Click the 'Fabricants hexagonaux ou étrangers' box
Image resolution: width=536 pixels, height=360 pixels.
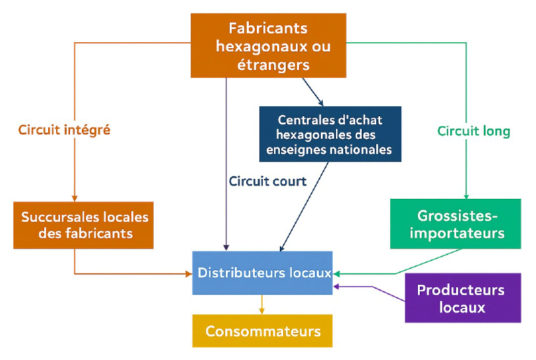pyautogui.click(x=269, y=46)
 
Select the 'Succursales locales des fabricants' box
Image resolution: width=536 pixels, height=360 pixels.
pyautogui.click(x=84, y=225)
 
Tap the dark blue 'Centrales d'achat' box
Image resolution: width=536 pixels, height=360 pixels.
pyautogui.click(x=330, y=134)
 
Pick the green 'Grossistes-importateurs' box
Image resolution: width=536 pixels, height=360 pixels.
pyautogui.click(x=461, y=225)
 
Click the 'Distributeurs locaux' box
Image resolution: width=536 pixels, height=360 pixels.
pyautogui.click(x=262, y=272)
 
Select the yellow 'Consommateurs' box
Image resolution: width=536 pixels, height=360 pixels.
pyautogui.click(x=262, y=331)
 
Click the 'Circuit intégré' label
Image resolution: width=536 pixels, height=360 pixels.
pyautogui.click(x=64, y=130)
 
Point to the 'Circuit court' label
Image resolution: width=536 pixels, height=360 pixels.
pyautogui.click(x=267, y=181)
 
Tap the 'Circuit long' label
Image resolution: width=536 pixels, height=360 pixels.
pyautogui.click(x=473, y=131)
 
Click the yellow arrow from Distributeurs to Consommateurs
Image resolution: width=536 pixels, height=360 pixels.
pyautogui.click(x=262, y=304)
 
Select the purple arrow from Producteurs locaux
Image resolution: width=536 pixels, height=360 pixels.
pyautogui.click(x=373, y=287)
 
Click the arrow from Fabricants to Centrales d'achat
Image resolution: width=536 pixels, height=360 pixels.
pyautogui.click(x=313, y=92)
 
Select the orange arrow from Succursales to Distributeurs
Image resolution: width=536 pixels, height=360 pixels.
pyautogui.click(x=132, y=272)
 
